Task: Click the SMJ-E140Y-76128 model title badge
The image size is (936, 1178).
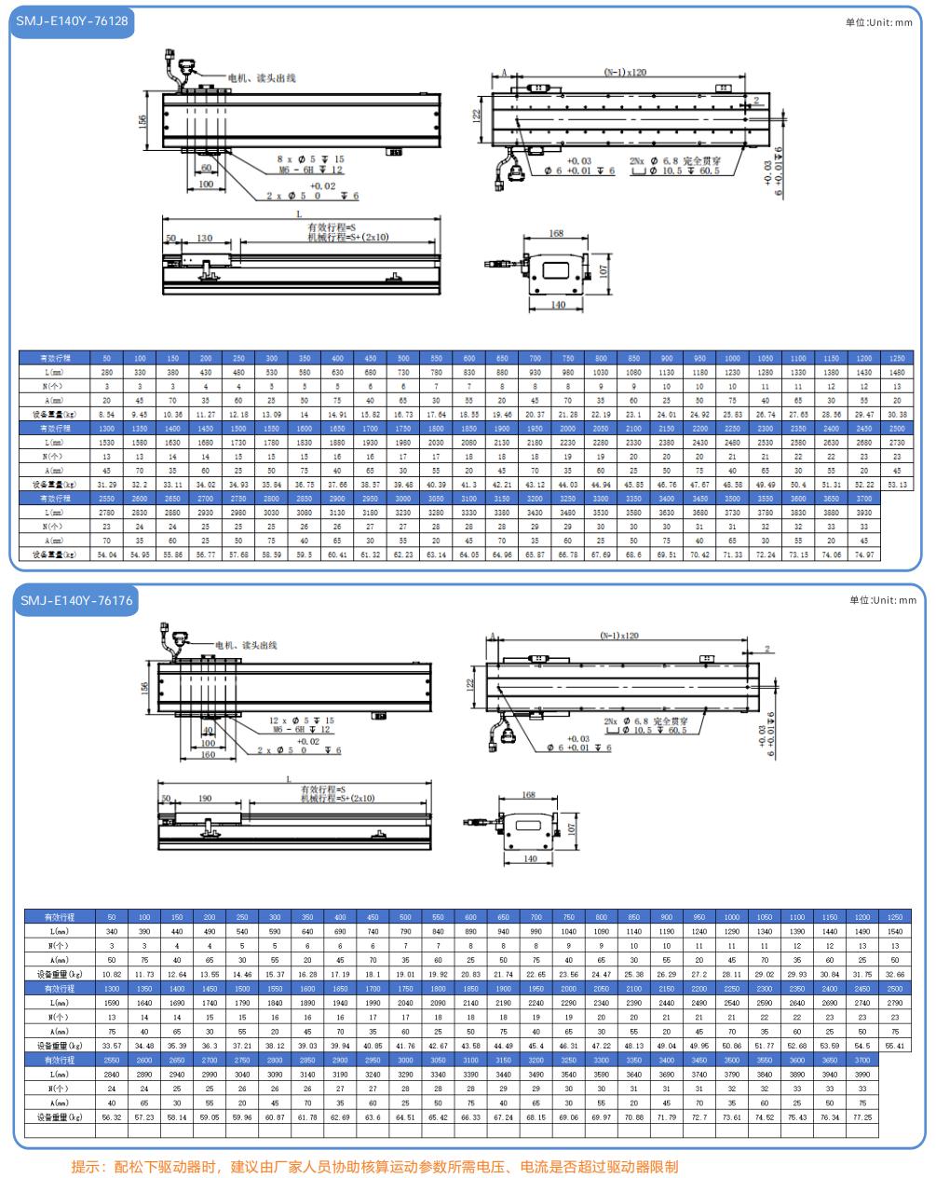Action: pos(73,21)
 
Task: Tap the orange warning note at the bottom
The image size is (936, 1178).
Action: pos(374,1166)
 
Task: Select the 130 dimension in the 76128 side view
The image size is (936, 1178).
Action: pos(203,239)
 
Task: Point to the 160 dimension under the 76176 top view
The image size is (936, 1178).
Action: pos(207,755)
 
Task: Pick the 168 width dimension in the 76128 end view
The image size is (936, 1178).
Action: pos(556,234)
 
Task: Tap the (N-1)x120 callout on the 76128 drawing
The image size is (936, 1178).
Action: pos(625,72)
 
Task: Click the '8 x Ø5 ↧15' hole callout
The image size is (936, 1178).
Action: pos(310,159)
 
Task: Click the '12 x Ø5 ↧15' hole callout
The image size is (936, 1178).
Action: pos(301,720)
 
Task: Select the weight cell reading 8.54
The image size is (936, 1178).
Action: pos(106,414)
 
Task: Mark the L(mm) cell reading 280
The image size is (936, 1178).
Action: pos(106,372)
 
